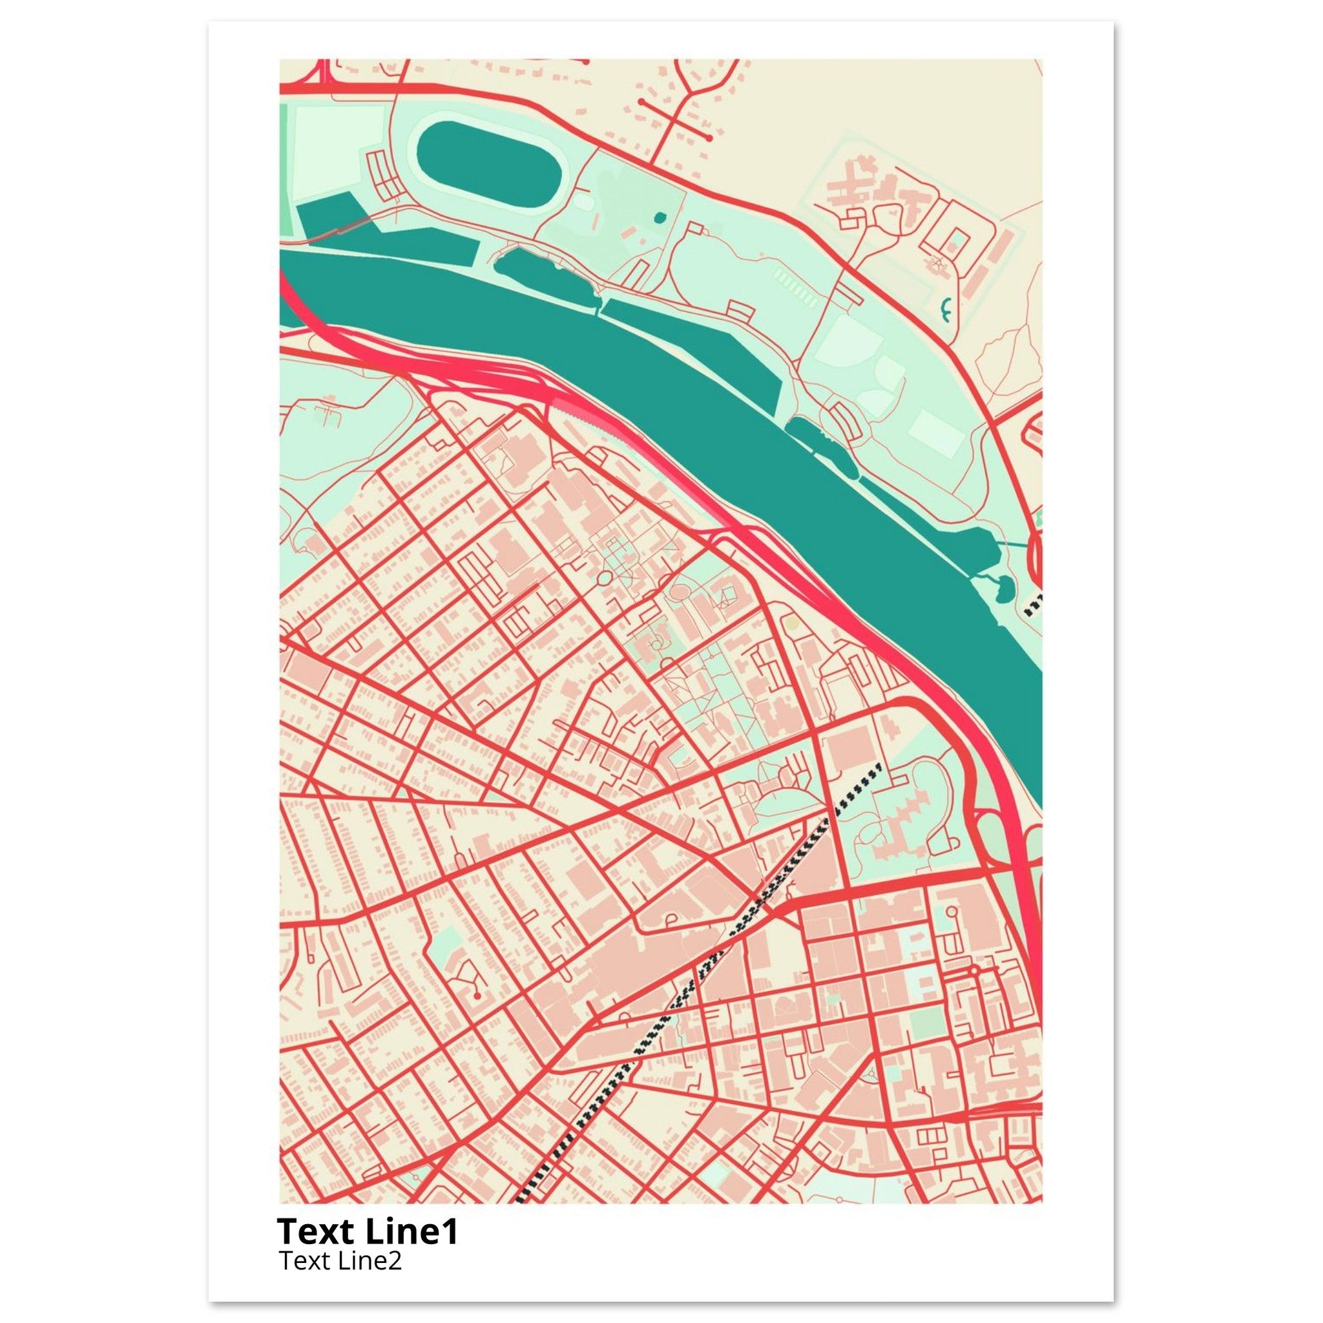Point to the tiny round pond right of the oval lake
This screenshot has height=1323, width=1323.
[x=660, y=218]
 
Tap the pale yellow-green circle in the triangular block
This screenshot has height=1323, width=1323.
[x=791, y=623]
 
